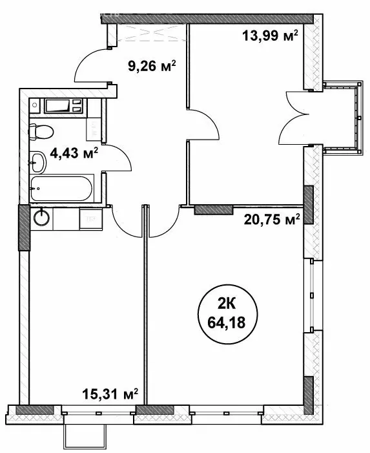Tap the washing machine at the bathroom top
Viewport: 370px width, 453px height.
pyautogui.click(x=63, y=106)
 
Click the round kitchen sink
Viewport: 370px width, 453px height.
pyautogui.click(x=43, y=217)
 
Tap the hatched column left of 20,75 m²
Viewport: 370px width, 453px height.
pyautogui.click(x=214, y=209)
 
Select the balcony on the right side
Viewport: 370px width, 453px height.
pyautogui.click(x=340, y=118)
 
